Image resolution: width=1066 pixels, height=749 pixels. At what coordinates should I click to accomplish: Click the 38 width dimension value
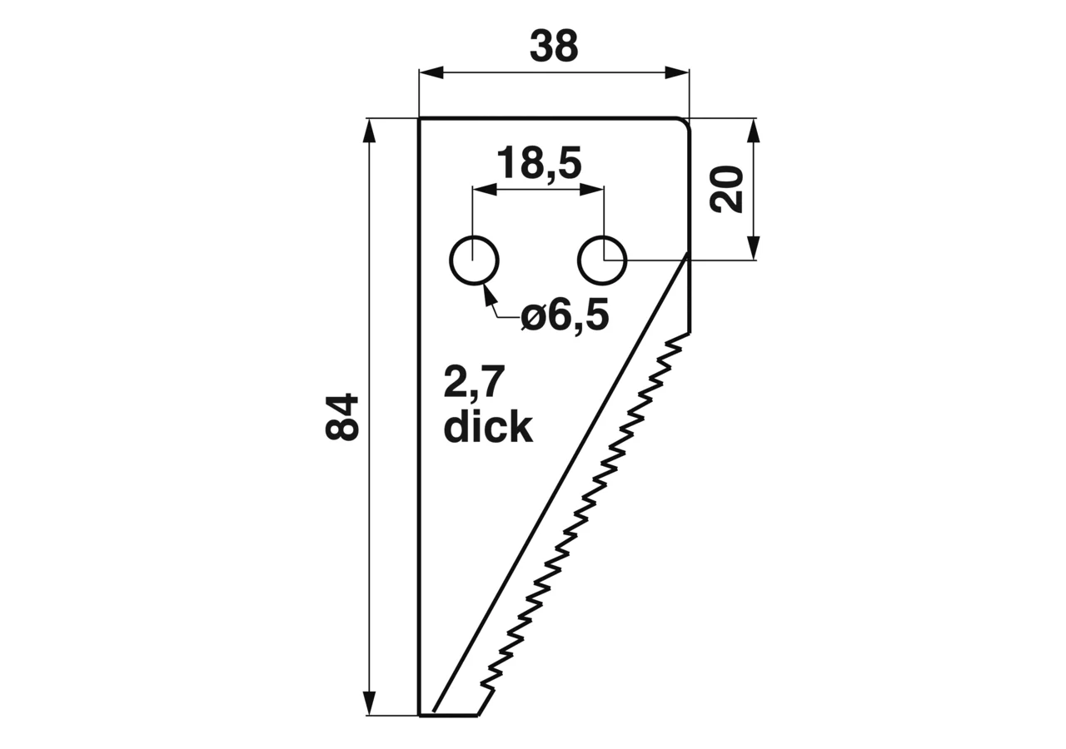pos(554,46)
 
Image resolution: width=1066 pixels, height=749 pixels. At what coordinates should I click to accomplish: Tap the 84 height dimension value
pos(341,417)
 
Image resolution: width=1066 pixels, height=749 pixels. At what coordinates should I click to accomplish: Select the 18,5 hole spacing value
pos(539,164)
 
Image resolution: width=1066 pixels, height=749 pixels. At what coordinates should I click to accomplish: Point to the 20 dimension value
pos(726,189)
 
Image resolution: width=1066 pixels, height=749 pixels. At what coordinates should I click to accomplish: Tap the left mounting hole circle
pos(474,260)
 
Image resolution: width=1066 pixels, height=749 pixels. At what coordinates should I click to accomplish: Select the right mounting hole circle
pos(602,260)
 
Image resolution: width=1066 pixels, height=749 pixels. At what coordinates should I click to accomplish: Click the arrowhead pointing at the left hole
pos(489,294)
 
